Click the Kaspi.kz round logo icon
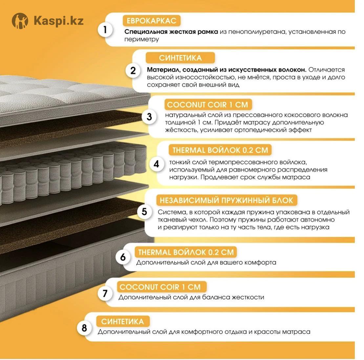click(20, 21)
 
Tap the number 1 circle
click(105, 30)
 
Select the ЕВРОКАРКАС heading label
click(151, 21)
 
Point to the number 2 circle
click(133, 70)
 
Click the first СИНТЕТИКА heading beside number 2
click(180, 58)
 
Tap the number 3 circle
click(149, 116)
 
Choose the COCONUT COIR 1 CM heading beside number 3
click(207, 105)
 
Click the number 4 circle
click(156, 164)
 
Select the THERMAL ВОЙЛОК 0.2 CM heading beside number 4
click(220, 150)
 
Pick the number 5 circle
click(144, 211)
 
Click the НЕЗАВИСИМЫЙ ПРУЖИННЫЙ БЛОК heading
click(226, 200)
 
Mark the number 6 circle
click(123, 257)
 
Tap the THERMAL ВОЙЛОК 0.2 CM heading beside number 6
click(186, 252)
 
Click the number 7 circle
click(105, 293)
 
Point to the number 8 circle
click(84, 328)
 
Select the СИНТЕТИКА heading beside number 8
click(122, 321)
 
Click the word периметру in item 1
click(141, 39)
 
